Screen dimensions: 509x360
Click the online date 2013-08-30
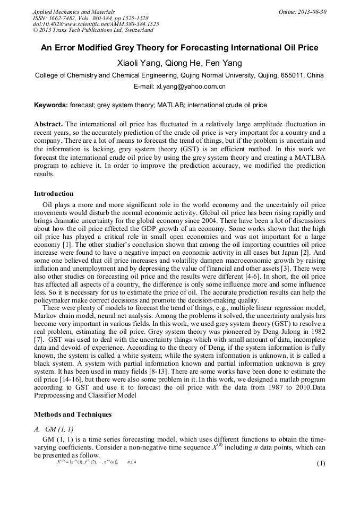tap(313, 12)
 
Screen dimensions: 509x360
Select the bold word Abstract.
tap(48, 123)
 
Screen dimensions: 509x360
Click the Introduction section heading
tap(54, 194)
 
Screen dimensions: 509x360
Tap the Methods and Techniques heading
tap(73, 414)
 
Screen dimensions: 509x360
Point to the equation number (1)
tap(321, 463)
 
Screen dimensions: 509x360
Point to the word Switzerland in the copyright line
tap(136, 31)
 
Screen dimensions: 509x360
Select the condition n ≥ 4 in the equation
tap(131, 462)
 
